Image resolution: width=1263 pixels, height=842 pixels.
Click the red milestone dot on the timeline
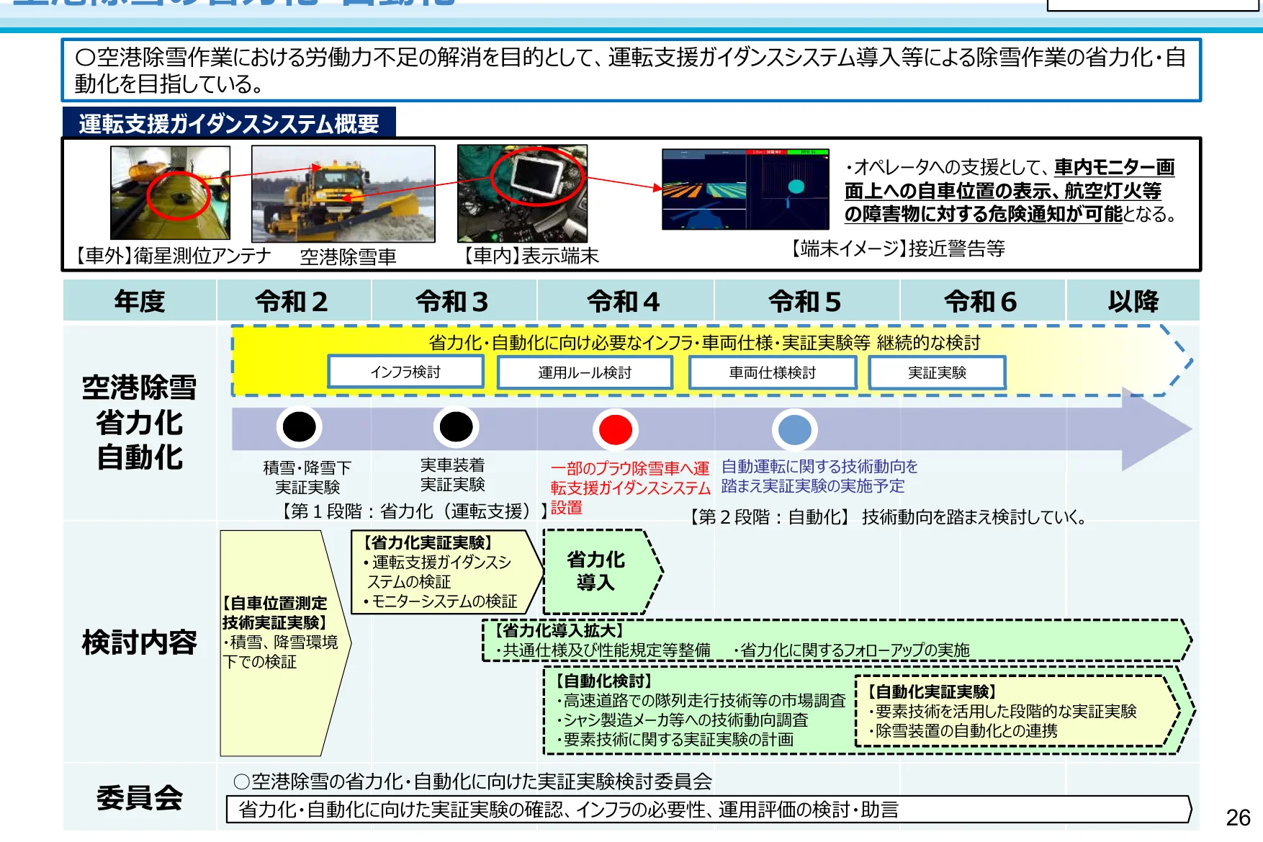[616, 429]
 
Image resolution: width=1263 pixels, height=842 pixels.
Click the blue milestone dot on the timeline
[795, 430]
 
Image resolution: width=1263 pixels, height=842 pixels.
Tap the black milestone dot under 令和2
[300, 426]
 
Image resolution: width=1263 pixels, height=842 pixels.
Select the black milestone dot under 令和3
[456, 426]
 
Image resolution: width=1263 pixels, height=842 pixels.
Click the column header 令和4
[624, 301]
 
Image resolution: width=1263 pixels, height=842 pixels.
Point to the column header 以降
[1133, 301]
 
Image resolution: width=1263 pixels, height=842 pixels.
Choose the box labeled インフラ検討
[405, 372]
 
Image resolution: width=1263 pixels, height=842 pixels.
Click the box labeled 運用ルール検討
[585, 373]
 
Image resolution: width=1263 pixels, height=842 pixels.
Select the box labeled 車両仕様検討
[773, 373]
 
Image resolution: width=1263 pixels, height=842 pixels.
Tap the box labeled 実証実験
[937, 373]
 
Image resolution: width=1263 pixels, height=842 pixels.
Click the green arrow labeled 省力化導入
[598, 571]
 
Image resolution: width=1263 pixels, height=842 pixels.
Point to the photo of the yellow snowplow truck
[343, 194]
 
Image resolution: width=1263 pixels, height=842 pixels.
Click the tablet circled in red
[536, 176]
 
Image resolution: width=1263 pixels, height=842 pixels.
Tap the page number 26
[1238, 818]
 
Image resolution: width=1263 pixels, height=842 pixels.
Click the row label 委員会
[140, 797]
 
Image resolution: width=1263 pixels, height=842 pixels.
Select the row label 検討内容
[140, 642]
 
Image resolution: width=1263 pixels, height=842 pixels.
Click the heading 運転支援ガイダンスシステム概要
[229, 124]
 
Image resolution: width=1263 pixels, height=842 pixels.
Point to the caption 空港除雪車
[348, 256]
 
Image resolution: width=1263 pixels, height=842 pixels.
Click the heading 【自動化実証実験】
[932, 691]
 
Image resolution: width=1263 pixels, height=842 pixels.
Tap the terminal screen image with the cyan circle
[745, 189]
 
